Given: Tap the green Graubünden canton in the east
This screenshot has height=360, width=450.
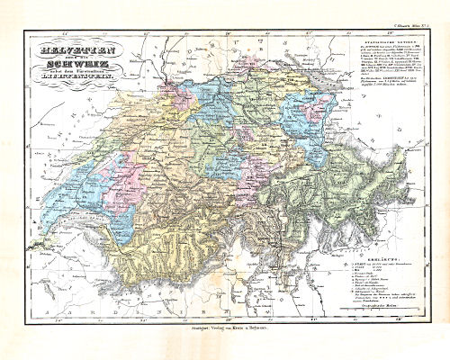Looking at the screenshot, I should [x=315, y=180].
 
